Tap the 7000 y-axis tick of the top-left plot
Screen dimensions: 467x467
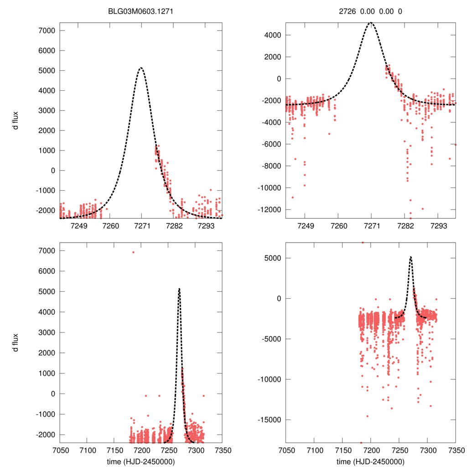46,31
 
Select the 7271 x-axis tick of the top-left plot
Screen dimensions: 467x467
142,226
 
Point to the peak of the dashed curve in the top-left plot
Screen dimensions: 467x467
141,68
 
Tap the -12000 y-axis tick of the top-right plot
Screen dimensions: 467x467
269,210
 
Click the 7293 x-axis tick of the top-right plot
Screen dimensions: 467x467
438,226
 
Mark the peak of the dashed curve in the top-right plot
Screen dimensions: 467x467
372,22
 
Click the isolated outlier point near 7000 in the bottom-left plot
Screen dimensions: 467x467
133,252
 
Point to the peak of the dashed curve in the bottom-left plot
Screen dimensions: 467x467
179,289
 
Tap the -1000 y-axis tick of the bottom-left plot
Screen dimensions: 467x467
45,414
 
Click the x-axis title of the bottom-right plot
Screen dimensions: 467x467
370,461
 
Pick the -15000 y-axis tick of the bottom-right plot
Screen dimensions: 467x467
269,420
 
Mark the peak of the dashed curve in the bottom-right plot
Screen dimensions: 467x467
411,257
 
